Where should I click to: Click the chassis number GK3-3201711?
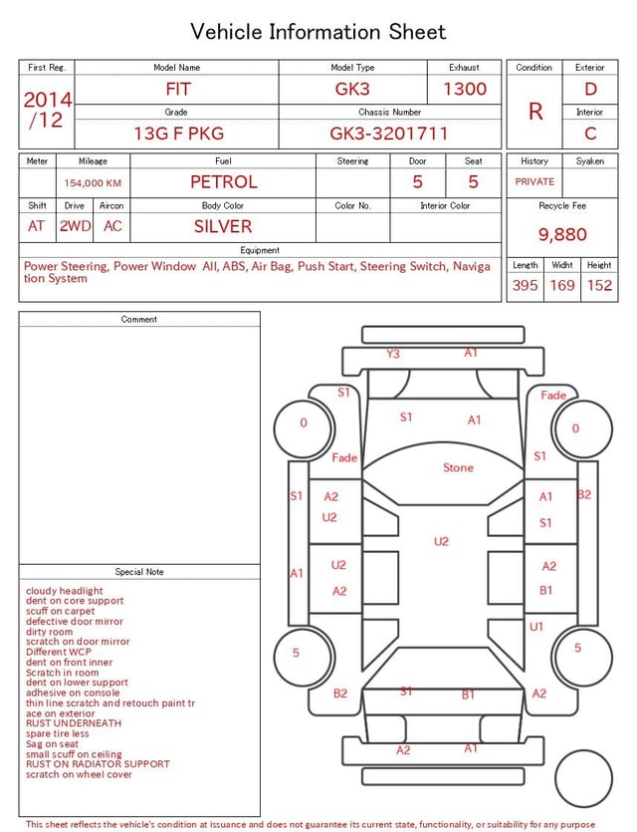pyautogui.click(x=389, y=134)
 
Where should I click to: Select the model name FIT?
pyautogui.click(x=178, y=89)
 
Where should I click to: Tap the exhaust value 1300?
pyautogui.click(x=465, y=89)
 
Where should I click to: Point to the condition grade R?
pyautogui.click(x=535, y=112)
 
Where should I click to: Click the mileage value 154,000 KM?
pyautogui.click(x=93, y=183)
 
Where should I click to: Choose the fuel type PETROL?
pyautogui.click(x=224, y=182)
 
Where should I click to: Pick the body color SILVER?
pyautogui.click(x=223, y=226)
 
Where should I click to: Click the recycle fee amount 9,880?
pyautogui.click(x=562, y=234)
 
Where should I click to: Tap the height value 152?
pyautogui.click(x=599, y=285)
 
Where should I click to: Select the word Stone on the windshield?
pyautogui.click(x=459, y=467)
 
